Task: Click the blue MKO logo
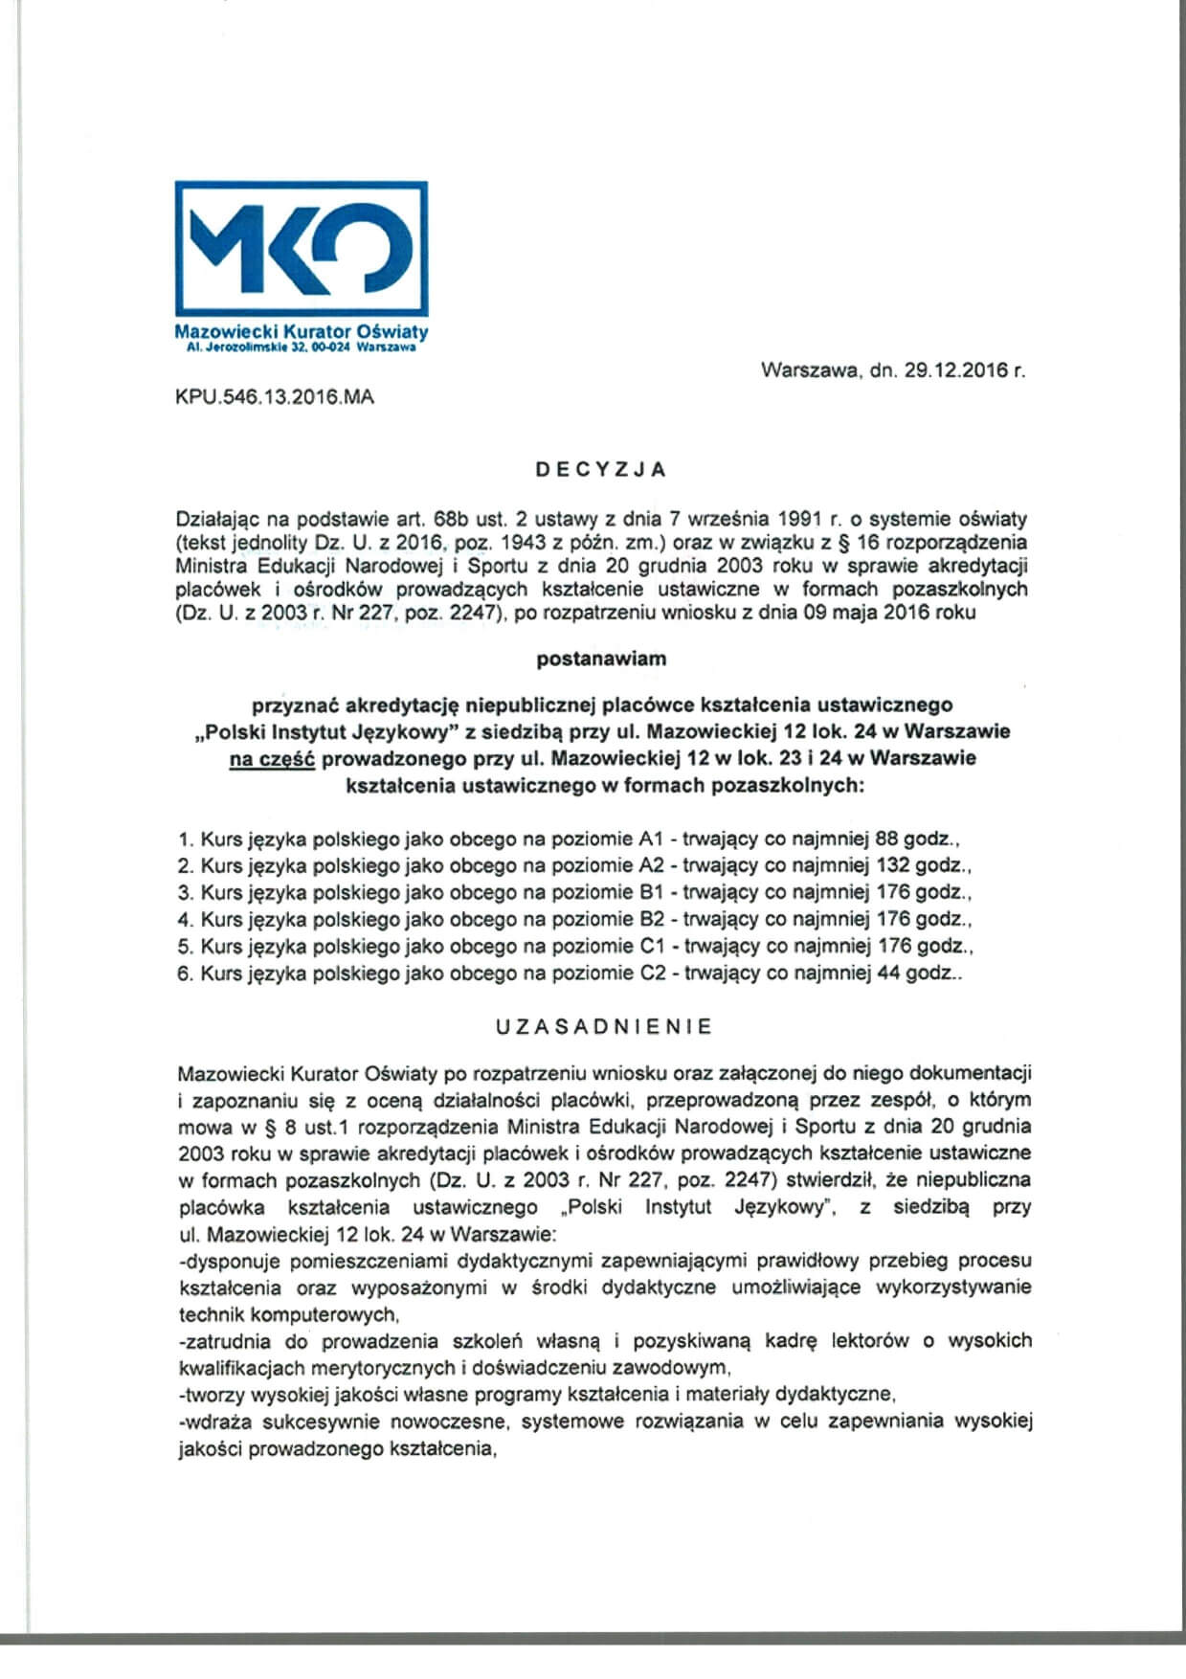[x=301, y=251]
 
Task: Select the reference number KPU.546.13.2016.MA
[x=275, y=396]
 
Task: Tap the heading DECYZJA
[x=601, y=470]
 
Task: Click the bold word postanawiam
[x=601, y=659]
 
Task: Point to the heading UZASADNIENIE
[x=604, y=1026]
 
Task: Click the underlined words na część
[x=273, y=759]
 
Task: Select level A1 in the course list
[x=651, y=839]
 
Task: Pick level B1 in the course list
[x=651, y=893]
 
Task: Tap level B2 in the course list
[x=651, y=920]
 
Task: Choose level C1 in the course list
[x=651, y=947]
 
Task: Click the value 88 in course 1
[x=886, y=839]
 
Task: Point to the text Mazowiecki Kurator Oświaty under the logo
[x=302, y=332]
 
